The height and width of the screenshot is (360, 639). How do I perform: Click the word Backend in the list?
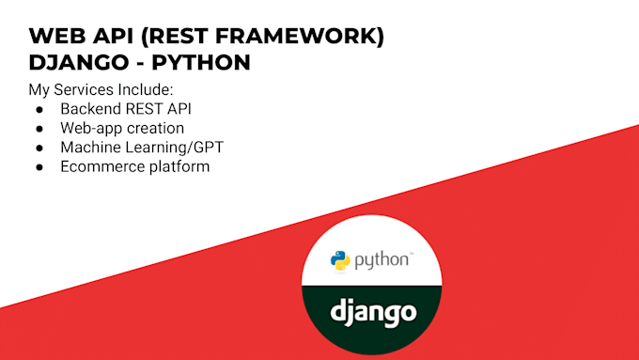click(92, 109)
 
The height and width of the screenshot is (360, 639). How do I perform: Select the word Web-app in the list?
click(91, 128)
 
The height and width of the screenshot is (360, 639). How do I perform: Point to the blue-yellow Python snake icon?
click(339, 260)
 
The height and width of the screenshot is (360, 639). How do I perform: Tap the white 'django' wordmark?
click(373, 311)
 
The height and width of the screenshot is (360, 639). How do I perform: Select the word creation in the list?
click(154, 128)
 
